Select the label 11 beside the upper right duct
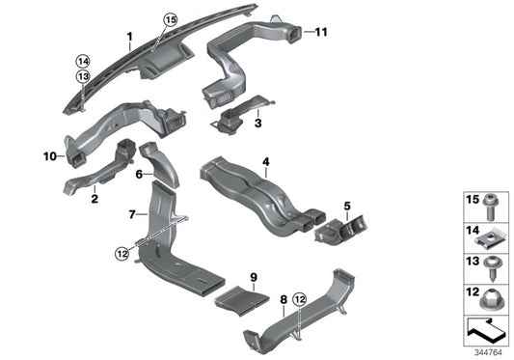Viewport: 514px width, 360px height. pyautogui.click(x=321, y=32)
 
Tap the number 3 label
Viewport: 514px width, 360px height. pyautogui.click(x=258, y=124)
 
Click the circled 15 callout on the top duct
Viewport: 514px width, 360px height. pyautogui.click(x=171, y=19)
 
